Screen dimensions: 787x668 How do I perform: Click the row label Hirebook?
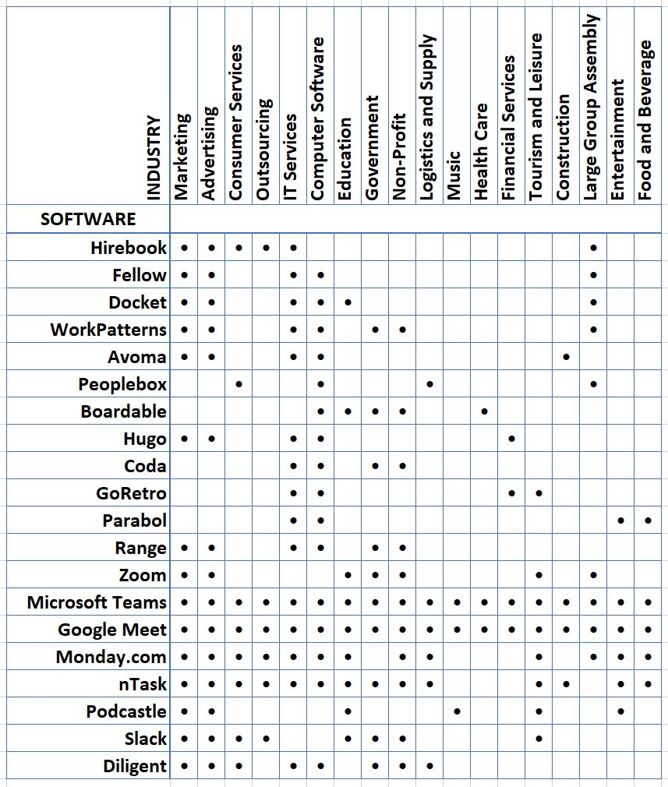129,248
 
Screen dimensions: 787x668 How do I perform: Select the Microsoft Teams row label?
97,602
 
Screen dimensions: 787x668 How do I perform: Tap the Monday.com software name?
111,657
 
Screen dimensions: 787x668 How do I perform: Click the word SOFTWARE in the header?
88,219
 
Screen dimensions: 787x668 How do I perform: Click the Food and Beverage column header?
645,121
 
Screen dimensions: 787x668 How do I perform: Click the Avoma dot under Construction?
566,357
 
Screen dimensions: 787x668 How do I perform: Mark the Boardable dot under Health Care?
484,411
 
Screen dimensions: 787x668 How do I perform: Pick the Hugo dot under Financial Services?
511,439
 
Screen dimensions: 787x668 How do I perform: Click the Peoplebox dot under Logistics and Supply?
429,384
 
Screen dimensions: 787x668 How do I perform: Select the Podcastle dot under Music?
457,711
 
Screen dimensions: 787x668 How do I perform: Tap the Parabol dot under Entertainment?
620,521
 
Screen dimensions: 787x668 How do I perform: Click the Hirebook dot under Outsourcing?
266,248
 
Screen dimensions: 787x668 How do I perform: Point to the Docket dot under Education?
348,302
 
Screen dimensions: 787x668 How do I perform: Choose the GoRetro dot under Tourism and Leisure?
539,493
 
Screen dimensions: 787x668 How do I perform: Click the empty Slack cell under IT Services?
293,739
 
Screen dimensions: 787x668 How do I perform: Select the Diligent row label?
135,766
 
